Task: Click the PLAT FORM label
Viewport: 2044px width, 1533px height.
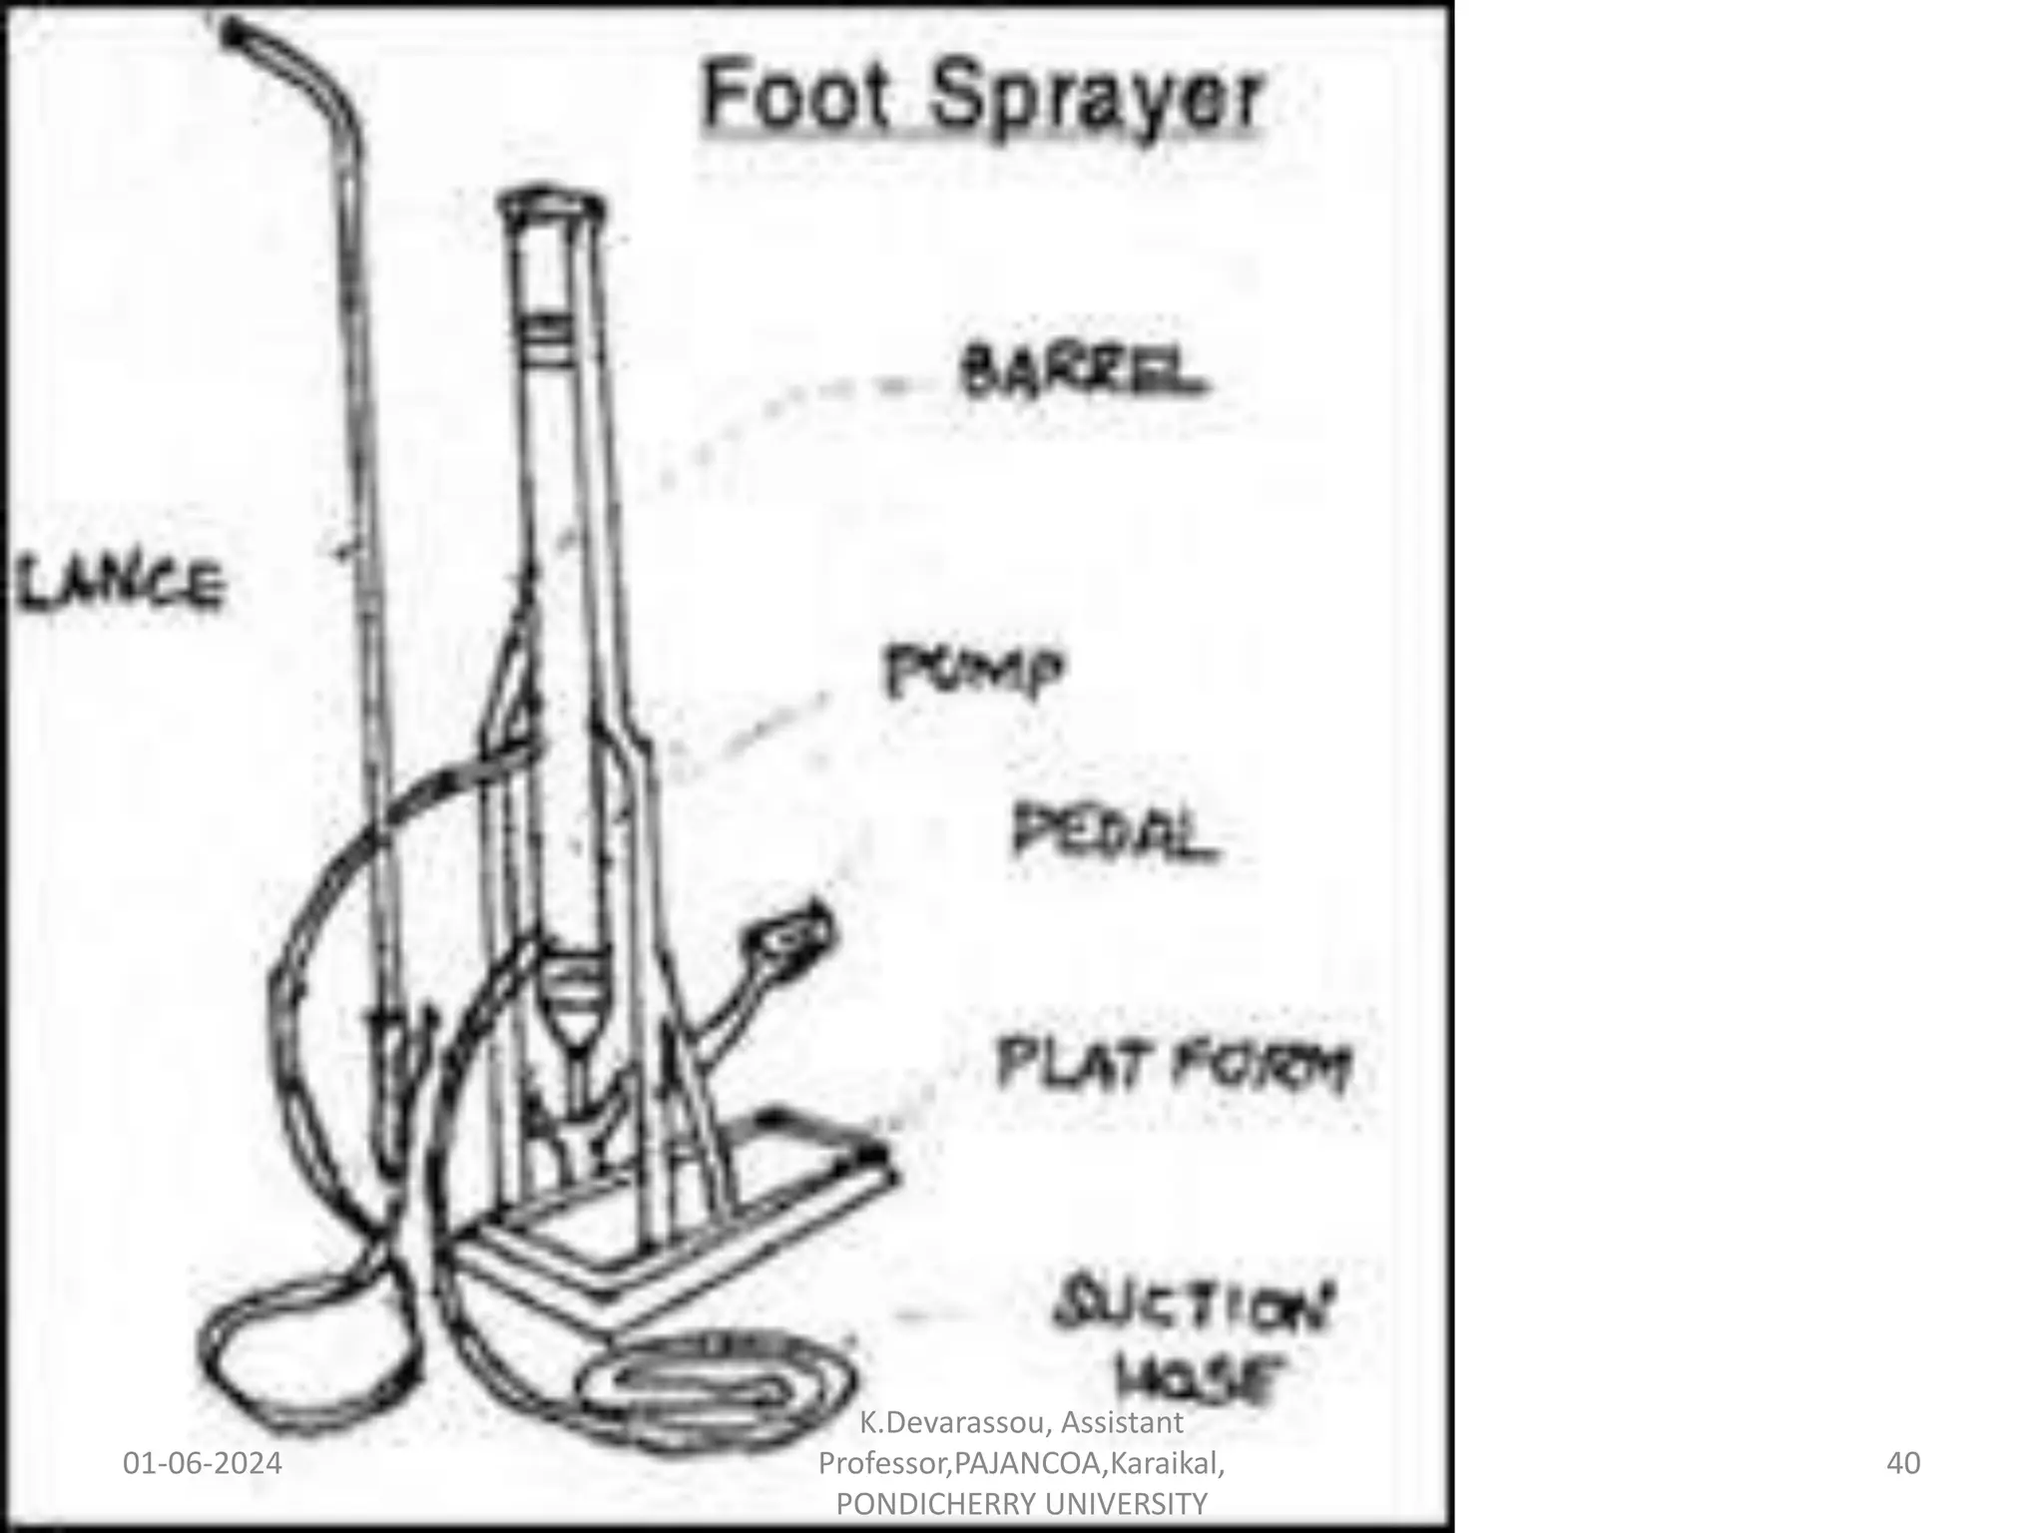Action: click(1174, 1065)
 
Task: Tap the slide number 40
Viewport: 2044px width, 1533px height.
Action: click(1903, 1463)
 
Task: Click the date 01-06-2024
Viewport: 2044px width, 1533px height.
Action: click(202, 1463)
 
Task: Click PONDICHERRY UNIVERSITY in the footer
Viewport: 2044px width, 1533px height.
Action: click(1021, 1503)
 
